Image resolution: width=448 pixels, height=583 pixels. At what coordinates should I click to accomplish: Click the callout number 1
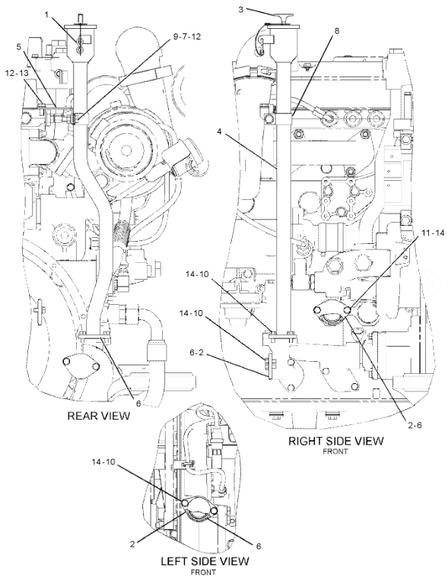click(47, 14)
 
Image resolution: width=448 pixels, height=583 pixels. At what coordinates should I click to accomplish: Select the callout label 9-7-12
click(186, 37)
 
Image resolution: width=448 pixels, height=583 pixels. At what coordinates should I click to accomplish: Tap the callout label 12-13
click(17, 73)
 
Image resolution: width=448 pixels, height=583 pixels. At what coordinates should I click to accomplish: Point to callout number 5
click(19, 46)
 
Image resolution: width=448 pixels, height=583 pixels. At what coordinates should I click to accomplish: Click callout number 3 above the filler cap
click(241, 9)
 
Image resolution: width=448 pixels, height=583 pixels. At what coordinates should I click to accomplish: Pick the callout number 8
click(337, 31)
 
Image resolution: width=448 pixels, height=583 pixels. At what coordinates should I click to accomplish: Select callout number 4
click(220, 132)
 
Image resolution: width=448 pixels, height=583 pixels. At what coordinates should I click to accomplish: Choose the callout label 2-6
click(414, 425)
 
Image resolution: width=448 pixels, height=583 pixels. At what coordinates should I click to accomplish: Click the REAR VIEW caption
click(99, 415)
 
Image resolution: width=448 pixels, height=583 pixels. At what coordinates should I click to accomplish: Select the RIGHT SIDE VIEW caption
click(336, 441)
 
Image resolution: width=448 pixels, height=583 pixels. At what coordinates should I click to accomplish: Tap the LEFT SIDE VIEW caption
click(205, 561)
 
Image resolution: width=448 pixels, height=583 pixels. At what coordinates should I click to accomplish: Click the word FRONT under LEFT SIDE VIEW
click(203, 572)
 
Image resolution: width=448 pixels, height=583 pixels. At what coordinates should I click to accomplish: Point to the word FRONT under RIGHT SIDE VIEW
click(335, 452)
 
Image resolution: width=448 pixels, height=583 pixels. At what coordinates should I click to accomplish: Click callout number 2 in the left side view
click(132, 544)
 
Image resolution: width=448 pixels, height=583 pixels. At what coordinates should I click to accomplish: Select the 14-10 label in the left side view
click(103, 462)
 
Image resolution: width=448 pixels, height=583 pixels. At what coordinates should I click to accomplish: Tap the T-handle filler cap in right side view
click(283, 19)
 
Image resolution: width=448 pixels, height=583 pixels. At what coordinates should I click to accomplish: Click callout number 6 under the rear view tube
click(138, 404)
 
